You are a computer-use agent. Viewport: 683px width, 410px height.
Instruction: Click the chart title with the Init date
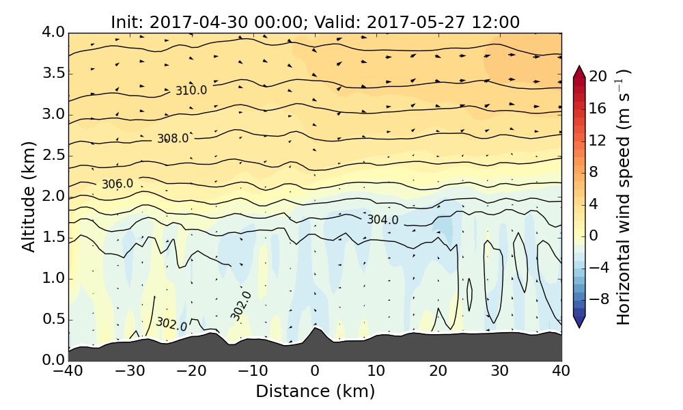(x=315, y=22)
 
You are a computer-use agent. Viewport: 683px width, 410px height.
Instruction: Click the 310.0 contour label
(x=191, y=90)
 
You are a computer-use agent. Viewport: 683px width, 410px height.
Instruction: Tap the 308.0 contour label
(x=173, y=138)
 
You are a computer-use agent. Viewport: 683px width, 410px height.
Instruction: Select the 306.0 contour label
(x=117, y=184)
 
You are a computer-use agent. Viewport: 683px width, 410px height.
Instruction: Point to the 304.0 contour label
(x=382, y=219)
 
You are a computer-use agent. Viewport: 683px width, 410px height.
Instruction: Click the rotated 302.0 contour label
(x=240, y=305)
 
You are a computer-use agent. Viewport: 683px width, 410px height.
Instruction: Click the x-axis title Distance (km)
(x=315, y=392)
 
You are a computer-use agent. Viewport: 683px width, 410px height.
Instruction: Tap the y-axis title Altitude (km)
(x=29, y=197)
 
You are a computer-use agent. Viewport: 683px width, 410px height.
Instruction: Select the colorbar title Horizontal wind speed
(x=623, y=197)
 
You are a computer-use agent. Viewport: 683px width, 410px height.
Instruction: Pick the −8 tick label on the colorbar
(x=599, y=298)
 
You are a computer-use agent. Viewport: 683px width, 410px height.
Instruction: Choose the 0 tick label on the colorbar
(x=594, y=234)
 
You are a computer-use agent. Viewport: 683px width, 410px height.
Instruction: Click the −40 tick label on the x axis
(x=68, y=372)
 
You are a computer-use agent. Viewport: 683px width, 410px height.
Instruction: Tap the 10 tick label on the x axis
(x=376, y=372)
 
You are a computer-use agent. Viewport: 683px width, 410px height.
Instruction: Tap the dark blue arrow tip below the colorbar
(x=579, y=324)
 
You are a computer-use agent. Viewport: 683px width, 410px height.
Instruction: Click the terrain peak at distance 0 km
(x=315, y=329)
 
